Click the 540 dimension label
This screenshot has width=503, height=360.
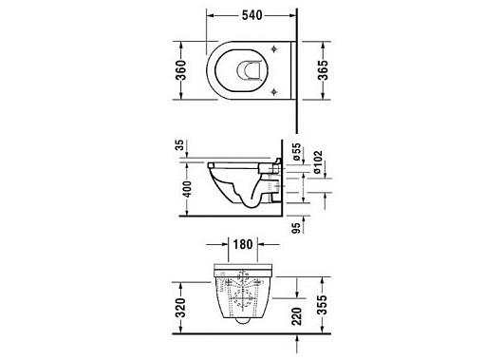click(x=251, y=15)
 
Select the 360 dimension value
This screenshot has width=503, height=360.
click(x=181, y=70)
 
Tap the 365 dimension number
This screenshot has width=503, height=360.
click(x=323, y=70)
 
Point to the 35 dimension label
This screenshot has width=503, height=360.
click(x=180, y=145)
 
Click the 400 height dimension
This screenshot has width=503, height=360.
click(x=188, y=189)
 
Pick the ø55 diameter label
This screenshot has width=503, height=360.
click(x=297, y=151)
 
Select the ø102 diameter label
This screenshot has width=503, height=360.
click(x=318, y=162)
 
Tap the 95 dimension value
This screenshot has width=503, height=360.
click(x=297, y=228)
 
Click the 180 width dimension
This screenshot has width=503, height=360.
click(x=243, y=244)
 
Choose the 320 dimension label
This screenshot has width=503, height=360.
click(x=181, y=308)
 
